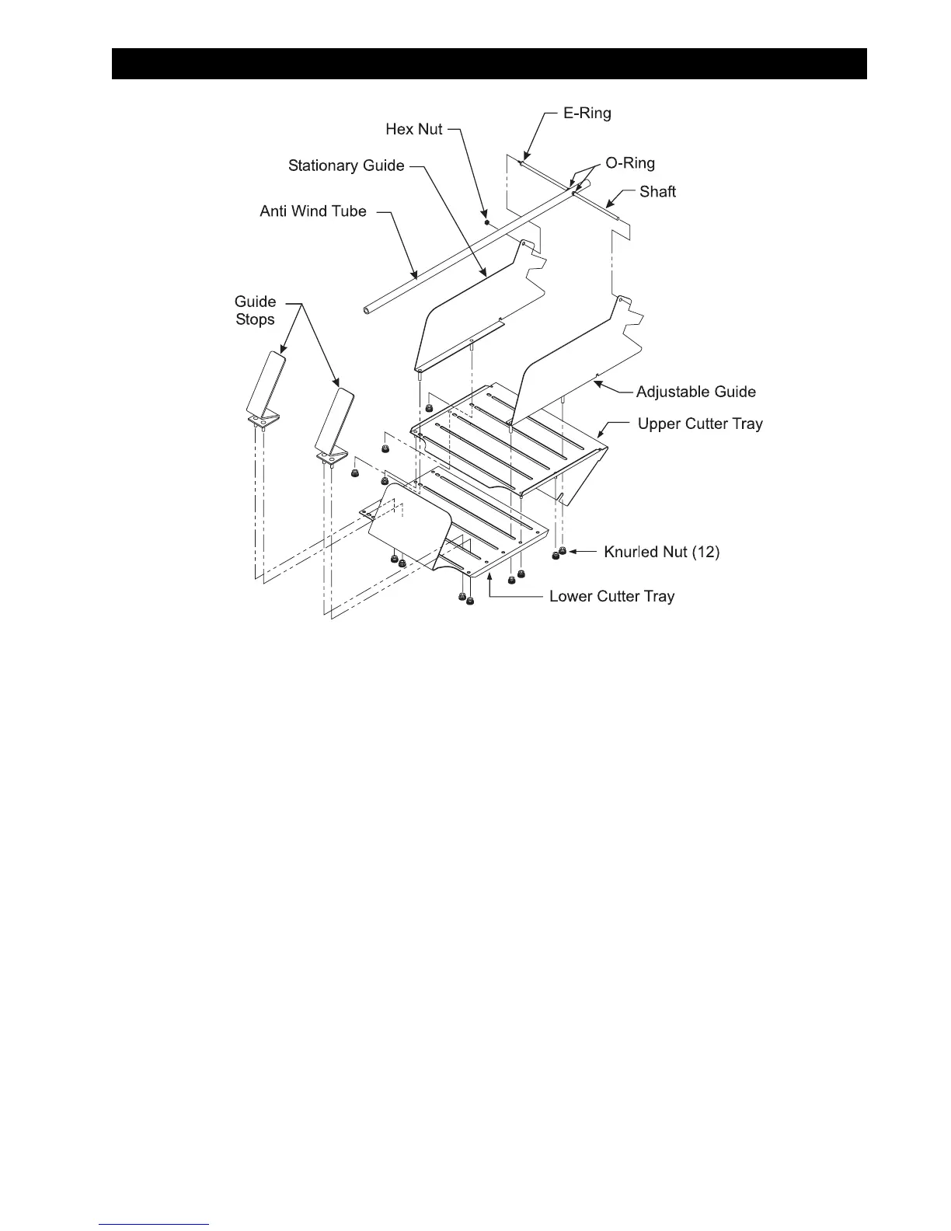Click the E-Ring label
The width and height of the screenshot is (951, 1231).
coord(587,113)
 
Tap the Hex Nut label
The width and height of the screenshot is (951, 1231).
coord(413,129)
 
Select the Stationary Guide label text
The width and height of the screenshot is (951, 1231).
coord(346,166)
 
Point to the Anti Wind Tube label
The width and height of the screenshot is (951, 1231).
coord(313,211)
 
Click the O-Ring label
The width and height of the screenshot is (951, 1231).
coord(630,163)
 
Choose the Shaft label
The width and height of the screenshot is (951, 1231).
coord(657,192)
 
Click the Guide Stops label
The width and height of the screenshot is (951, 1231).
coord(256,310)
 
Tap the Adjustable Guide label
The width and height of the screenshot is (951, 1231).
coord(695,392)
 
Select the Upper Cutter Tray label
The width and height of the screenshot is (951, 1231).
coord(700,424)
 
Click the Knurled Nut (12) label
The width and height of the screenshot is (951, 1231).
coord(662,552)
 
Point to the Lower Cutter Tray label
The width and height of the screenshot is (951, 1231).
coord(611,596)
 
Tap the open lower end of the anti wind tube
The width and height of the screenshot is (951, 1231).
coord(367,311)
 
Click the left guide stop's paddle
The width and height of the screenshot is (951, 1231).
coord(266,382)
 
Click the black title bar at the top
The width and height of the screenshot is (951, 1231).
coord(489,64)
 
